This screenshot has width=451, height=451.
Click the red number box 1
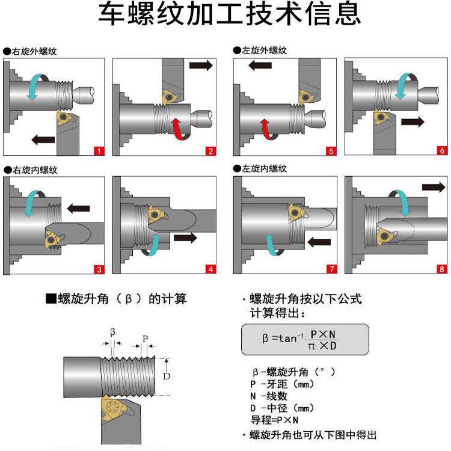tap(99, 151)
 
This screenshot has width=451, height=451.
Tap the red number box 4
tap(210, 269)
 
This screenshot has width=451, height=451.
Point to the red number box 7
tap(331, 269)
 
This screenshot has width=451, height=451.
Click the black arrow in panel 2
tap(200, 66)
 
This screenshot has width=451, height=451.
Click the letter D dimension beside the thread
tap(167, 376)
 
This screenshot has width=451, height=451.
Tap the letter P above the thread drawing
tap(144, 339)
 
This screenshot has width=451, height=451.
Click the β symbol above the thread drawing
tap(112, 332)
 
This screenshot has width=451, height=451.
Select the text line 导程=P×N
tap(274, 420)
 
